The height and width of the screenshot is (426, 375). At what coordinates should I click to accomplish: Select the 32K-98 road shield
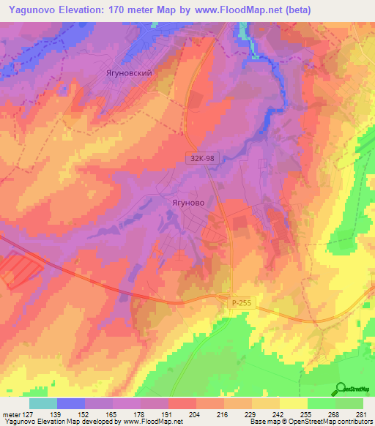(x=201, y=156)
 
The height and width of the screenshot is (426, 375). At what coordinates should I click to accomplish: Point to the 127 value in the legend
(x=29, y=414)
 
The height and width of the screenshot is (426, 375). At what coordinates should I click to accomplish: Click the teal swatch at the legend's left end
(x=42, y=403)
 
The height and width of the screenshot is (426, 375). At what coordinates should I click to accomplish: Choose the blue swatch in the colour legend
(x=70, y=403)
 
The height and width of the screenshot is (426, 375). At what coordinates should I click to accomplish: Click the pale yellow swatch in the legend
(x=293, y=403)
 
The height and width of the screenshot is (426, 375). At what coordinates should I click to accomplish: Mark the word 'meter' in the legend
(x=11, y=414)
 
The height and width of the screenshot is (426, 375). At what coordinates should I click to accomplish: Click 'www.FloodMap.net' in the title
(x=234, y=10)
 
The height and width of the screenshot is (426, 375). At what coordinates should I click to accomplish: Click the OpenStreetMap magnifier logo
(x=341, y=387)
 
